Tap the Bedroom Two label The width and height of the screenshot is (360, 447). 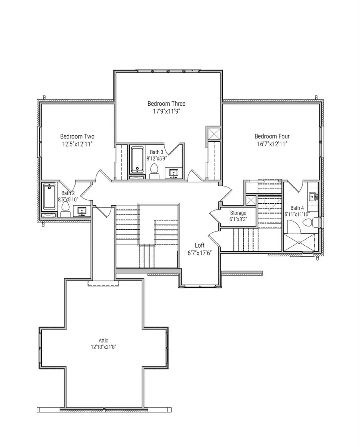pos(77,136)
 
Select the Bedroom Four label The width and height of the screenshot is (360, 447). pos(272,136)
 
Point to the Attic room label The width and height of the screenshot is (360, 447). pos(103,341)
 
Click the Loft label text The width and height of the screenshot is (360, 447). pos(200,245)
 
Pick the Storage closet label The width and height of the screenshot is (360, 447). pos(238,213)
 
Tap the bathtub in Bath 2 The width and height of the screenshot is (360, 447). pos(49,196)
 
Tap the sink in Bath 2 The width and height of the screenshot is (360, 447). pos(82,210)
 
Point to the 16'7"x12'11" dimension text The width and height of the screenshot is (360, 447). pos(272,144)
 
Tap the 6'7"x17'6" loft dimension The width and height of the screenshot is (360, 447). pos(200,253)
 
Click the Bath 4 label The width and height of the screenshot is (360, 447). pos(297,208)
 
